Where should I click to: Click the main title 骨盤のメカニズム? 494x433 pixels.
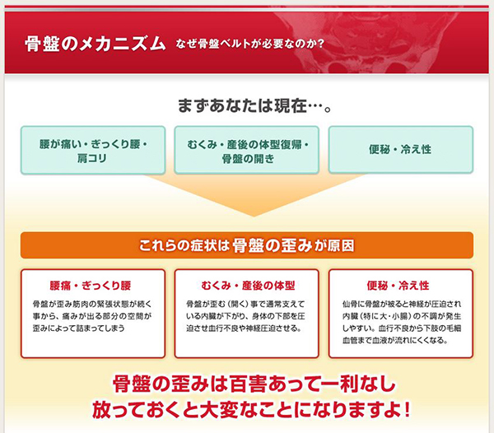coord(96,44)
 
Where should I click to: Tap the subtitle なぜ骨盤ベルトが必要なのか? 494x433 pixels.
coord(249,44)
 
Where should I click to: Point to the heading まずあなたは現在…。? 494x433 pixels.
coord(255,105)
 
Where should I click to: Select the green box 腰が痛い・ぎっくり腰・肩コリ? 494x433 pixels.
coord(93,150)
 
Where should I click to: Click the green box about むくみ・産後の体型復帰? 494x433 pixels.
coord(247,150)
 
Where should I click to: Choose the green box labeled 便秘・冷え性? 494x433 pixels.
coord(401,150)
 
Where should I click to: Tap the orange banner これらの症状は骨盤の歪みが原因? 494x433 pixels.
coord(247,245)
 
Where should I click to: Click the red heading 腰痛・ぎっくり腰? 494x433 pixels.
coord(91,286)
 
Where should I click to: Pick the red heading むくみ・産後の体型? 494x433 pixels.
coord(248,286)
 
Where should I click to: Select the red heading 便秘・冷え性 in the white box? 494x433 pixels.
coord(398,286)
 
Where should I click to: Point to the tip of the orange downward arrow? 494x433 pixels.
coord(254,216)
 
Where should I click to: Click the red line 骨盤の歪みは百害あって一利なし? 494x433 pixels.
coord(254,384)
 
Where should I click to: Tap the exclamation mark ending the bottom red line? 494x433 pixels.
coord(407,409)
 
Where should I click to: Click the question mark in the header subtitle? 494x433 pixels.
coord(321,44)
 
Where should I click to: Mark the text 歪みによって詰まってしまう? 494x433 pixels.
coord(79,328)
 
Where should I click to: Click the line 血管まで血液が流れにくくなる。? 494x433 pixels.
coord(395,340)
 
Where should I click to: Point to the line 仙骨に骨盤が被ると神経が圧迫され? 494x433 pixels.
coord(402,304)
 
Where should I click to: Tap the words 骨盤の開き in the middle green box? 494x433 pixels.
coord(248,158)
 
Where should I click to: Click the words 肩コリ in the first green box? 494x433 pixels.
coord(91,158)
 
